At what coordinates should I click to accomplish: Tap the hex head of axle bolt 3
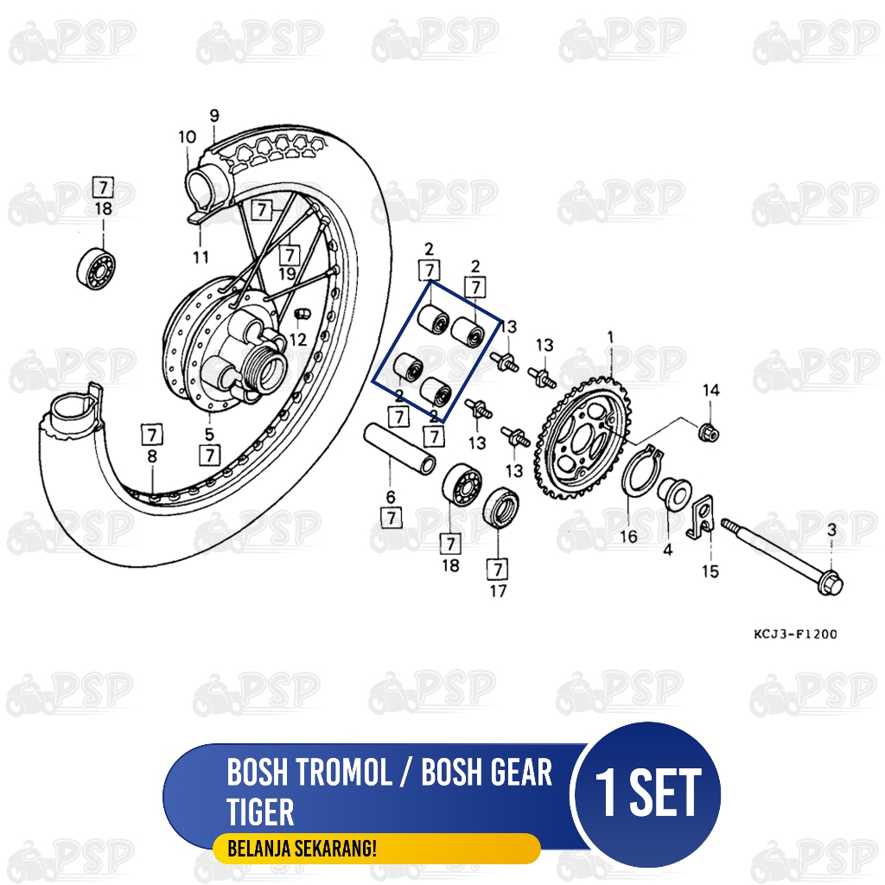point(831,583)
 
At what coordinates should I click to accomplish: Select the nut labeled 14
point(709,432)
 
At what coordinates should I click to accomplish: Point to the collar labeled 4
point(674,493)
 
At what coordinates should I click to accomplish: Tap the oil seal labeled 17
point(501,508)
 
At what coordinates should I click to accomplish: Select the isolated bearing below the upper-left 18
point(96,269)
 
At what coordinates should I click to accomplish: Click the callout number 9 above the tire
point(214,116)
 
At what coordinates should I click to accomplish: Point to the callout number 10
point(187,137)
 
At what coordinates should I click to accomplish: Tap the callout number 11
point(201,258)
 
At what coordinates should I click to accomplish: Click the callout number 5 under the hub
point(209,435)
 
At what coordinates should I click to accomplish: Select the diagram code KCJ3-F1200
point(795,634)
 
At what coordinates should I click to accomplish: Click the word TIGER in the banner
point(260,812)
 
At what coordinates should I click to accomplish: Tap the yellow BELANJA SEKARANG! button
point(377,849)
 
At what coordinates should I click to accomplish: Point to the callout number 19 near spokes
point(287,274)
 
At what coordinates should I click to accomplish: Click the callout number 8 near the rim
point(152,456)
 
